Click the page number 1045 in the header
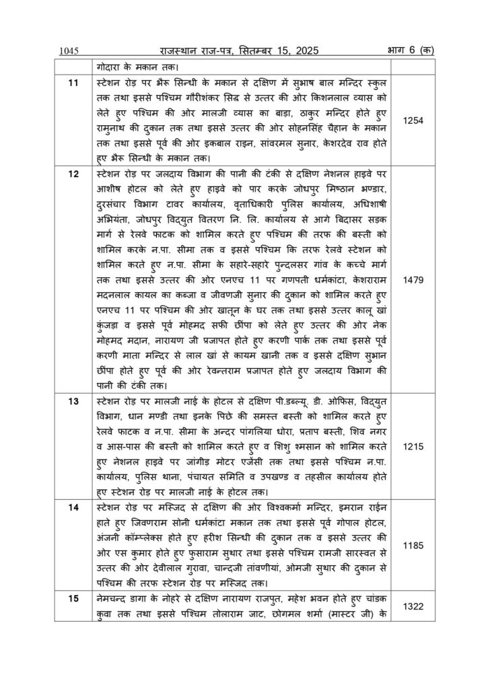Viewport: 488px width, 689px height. tap(69, 50)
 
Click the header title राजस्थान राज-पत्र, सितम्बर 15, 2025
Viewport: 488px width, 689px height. tap(239, 50)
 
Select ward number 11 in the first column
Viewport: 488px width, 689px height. tap(75, 82)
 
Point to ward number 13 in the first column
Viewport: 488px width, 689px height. tap(75, 402)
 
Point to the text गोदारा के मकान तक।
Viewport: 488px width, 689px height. tap(138, 67)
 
